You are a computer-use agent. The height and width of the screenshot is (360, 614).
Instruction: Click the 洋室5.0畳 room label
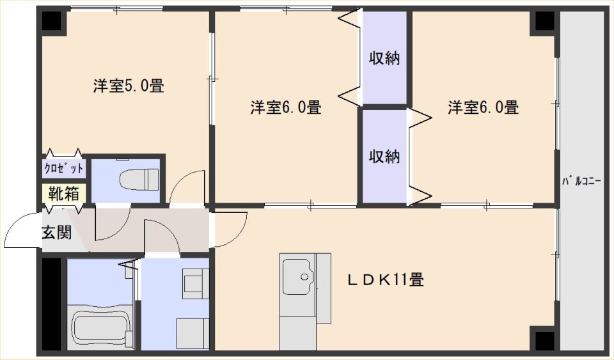coord(129,86)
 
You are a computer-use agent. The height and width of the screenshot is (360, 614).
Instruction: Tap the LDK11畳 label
coord(386,280)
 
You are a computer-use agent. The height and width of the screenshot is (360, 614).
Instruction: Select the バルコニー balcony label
coord(581,182)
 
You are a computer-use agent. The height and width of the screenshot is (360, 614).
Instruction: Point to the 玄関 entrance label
coord(57,233)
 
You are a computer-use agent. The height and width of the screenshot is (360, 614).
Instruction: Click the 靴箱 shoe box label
coord(64,193)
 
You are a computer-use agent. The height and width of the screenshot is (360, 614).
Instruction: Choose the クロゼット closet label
coord(64,168)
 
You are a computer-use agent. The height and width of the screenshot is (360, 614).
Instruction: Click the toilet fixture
coord(139,178)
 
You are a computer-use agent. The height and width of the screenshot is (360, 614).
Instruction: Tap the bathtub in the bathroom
coord(101,327)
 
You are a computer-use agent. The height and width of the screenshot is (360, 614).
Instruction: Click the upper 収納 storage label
coord(384,59)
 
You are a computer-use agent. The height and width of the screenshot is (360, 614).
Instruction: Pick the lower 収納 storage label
coord(384,157)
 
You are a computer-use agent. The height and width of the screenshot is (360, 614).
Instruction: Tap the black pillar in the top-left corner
coord(52,21)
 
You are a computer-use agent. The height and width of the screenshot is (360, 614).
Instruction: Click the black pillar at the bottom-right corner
coord(545,340)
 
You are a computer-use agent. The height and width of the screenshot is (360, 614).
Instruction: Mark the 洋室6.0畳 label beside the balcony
coord(484,107)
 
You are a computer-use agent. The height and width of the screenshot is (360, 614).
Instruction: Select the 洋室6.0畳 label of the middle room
coord(286,107)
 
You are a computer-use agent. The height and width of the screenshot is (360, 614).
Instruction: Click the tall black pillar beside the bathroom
coord(52,304)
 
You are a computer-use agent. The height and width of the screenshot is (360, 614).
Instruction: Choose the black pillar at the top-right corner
coord(545,21)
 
